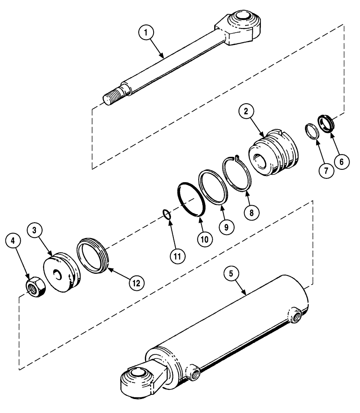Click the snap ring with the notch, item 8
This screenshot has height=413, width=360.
[237, 173]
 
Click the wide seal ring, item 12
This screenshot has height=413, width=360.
[93, 256]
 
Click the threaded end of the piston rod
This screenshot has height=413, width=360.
[111, 97]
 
